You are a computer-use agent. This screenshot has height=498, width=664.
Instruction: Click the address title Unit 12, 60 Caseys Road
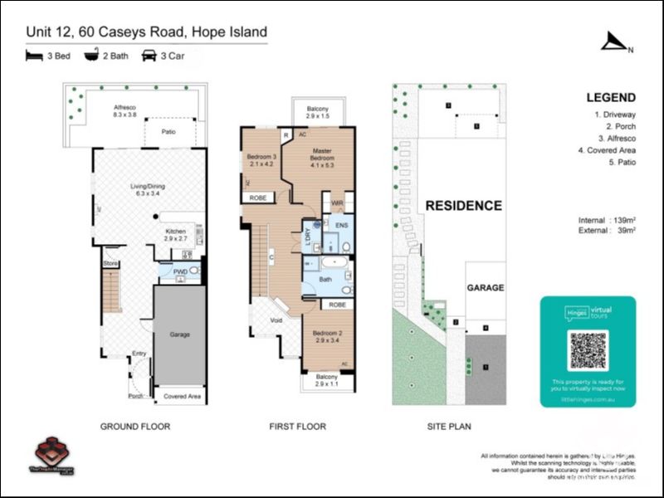tap(146, 32)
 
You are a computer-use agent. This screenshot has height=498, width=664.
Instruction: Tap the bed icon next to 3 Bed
tap(33, 56)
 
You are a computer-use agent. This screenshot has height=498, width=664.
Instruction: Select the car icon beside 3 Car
tap(149, 56)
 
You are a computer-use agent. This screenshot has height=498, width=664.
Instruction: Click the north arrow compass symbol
tap(615, 41)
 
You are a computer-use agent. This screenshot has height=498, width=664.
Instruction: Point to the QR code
tap(588, 350)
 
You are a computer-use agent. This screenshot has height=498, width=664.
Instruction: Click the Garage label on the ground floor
tap(179, 334)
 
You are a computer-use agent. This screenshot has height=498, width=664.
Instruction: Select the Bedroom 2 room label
tap(326, 334)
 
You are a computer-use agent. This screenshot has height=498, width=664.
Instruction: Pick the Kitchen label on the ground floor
tap(175, 232)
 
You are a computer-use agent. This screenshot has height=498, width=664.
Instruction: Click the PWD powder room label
tap(179, 271)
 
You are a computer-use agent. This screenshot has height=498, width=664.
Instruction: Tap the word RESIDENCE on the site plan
tap(463, 205)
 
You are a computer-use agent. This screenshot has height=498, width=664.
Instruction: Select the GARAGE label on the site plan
tap(485, 287)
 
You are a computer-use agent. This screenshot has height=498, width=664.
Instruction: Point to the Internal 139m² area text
tap(607, 219)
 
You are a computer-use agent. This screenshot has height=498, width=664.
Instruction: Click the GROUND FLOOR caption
tap(135, 427)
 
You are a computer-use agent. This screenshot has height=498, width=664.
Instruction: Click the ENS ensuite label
tap(340, 224)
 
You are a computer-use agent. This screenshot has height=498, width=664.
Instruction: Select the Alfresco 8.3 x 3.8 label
tap(129, 111)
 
